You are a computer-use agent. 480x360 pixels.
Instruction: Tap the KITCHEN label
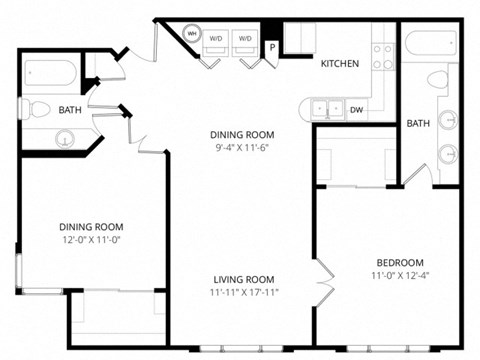(x=339, y=64)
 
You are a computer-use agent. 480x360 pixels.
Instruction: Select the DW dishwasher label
(x=357, y=110)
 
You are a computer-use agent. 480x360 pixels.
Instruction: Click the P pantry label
(x=271, y=46)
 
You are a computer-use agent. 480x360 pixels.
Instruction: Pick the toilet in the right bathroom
(x=437, y=80)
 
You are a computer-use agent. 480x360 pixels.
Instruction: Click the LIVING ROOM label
(x=243, y=279)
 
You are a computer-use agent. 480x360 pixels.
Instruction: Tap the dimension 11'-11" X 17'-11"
(x=243, y=293)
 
